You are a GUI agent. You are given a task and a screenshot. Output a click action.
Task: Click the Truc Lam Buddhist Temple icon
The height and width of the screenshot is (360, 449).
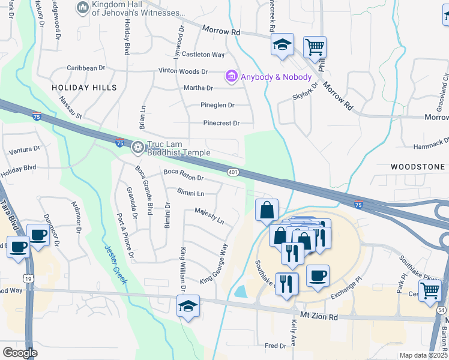[x=138, y=147]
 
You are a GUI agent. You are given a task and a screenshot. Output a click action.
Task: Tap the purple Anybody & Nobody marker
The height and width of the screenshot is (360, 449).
[x=231, y=77]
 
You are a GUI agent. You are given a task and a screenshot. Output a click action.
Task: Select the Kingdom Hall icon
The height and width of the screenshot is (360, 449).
[x=82, y=8]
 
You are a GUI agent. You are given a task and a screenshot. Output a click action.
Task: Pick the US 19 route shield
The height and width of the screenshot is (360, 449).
[x=28, y=278]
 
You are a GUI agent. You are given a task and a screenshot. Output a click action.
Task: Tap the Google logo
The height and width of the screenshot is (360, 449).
[x=20, y=353]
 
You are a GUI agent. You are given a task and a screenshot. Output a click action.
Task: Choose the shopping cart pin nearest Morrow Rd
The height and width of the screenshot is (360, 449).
[x=315, y=47]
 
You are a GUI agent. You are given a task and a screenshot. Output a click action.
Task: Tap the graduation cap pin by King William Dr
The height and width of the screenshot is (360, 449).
[x=188, y=306]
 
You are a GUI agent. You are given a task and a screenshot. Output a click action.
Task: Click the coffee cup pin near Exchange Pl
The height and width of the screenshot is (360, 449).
[x=318, y=275]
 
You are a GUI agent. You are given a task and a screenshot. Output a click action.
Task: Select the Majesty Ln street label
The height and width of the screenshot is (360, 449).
[x=209, y=216]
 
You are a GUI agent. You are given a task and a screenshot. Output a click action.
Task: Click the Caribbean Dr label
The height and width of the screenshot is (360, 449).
[x=85, y=68]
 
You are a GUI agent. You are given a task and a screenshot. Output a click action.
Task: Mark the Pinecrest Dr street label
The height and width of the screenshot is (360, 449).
[x=221, y=124]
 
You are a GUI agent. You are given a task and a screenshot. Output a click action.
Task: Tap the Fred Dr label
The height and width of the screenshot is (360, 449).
[x=276, y=346]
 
